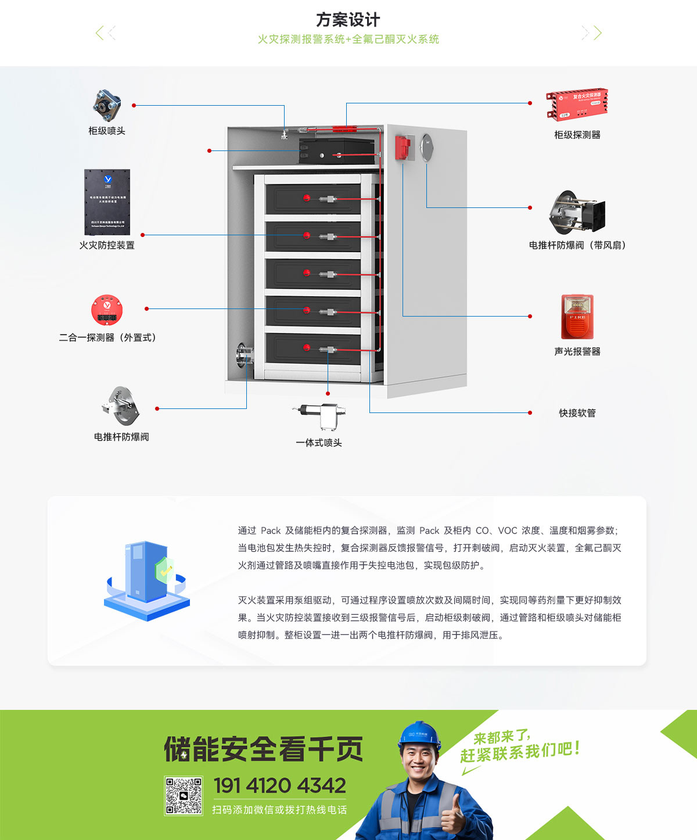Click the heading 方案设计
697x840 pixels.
348,20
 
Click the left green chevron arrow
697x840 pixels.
100,33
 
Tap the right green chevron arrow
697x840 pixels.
597,33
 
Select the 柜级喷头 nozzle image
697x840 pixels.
107,105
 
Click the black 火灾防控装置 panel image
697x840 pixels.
107,202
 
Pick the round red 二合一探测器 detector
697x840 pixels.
107,310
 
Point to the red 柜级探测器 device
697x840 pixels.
576,104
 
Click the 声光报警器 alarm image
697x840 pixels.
577,317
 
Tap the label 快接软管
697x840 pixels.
577,413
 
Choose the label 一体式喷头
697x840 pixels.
319,443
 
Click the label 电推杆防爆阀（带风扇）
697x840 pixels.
577,245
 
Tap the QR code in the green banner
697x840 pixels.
184,795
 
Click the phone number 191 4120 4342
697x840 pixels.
280,785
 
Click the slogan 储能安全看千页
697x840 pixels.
263,749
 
